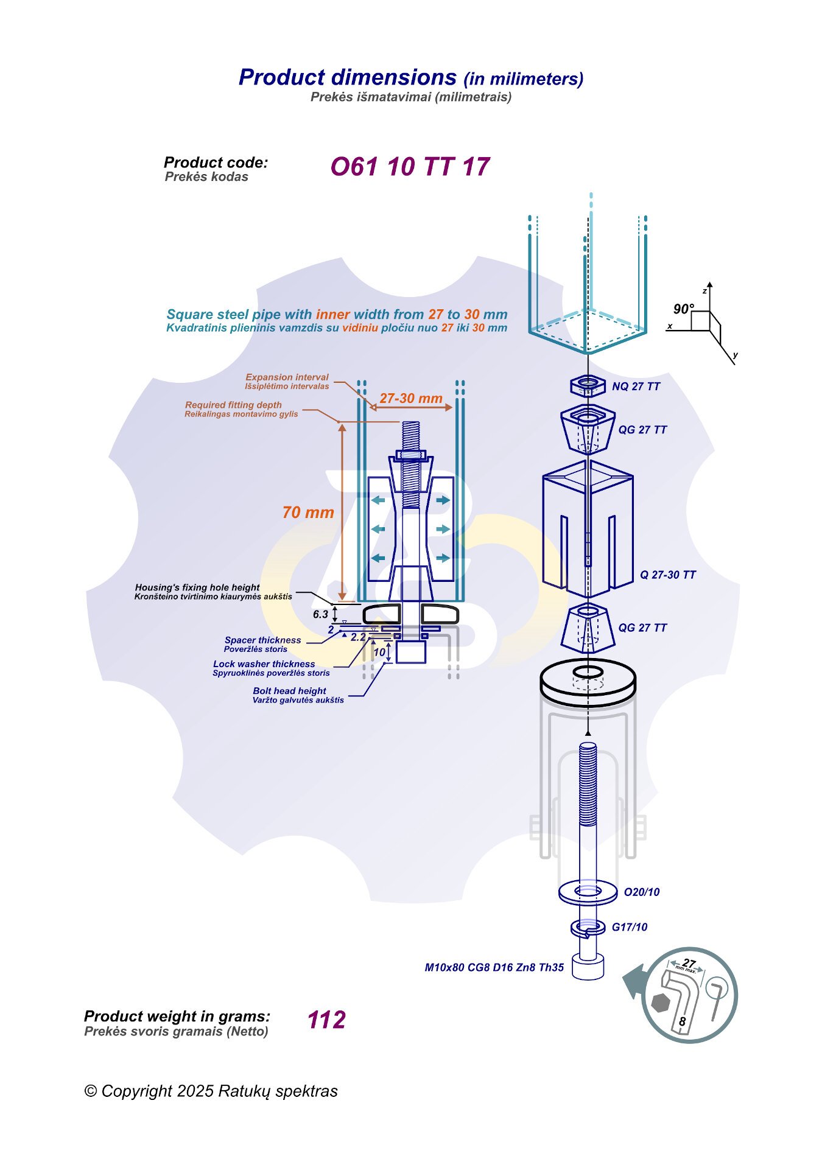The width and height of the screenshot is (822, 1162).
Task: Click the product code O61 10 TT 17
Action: [x=410, y=167]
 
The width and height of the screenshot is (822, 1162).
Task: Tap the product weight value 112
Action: [x=326, y=1020]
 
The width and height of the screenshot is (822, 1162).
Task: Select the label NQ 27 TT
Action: [x=636, y=387]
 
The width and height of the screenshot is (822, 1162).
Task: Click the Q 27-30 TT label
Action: [x=667, y=575]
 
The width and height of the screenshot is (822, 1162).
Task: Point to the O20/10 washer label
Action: [x=642, y=892]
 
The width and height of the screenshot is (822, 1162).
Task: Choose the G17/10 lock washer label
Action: [x=630, y=927]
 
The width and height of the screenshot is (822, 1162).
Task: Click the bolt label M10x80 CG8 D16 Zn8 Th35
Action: [x=494, y=967]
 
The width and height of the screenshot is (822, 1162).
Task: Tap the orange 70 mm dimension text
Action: [x=308, y=513]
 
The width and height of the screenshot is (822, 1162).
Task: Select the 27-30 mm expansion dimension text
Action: [x=411, y=398]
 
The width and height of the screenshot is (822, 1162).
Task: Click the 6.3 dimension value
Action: [x=321, y=614]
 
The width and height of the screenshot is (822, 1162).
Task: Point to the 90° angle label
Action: [x=684, y=309]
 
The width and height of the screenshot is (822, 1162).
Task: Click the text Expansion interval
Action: [x=287, y=377]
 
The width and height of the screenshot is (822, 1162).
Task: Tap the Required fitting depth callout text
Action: [x=233, y=405]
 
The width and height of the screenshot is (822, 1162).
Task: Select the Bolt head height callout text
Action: [x=290, y=691]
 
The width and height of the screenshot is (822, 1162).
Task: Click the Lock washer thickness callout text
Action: [x=264, y=664]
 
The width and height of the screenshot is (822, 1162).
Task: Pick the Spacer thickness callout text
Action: [x=263, y=640]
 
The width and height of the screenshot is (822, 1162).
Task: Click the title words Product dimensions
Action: [x=348, y=77]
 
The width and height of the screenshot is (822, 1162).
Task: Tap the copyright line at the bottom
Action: [x=211, y=1091]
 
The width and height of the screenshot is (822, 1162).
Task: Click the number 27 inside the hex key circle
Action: [x=689, y=963]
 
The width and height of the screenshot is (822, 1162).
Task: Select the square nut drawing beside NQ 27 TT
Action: [x=588, y=385]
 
